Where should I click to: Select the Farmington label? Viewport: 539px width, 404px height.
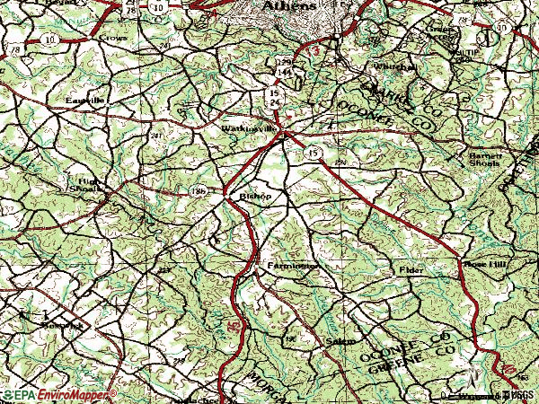coord(293,267)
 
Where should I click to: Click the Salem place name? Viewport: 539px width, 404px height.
coord(339,341)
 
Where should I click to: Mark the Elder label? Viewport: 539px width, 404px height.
coord(411,269)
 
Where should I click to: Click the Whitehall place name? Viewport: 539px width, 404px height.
coord(393,67)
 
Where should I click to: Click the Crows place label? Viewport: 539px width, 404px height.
coord(113,40)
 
